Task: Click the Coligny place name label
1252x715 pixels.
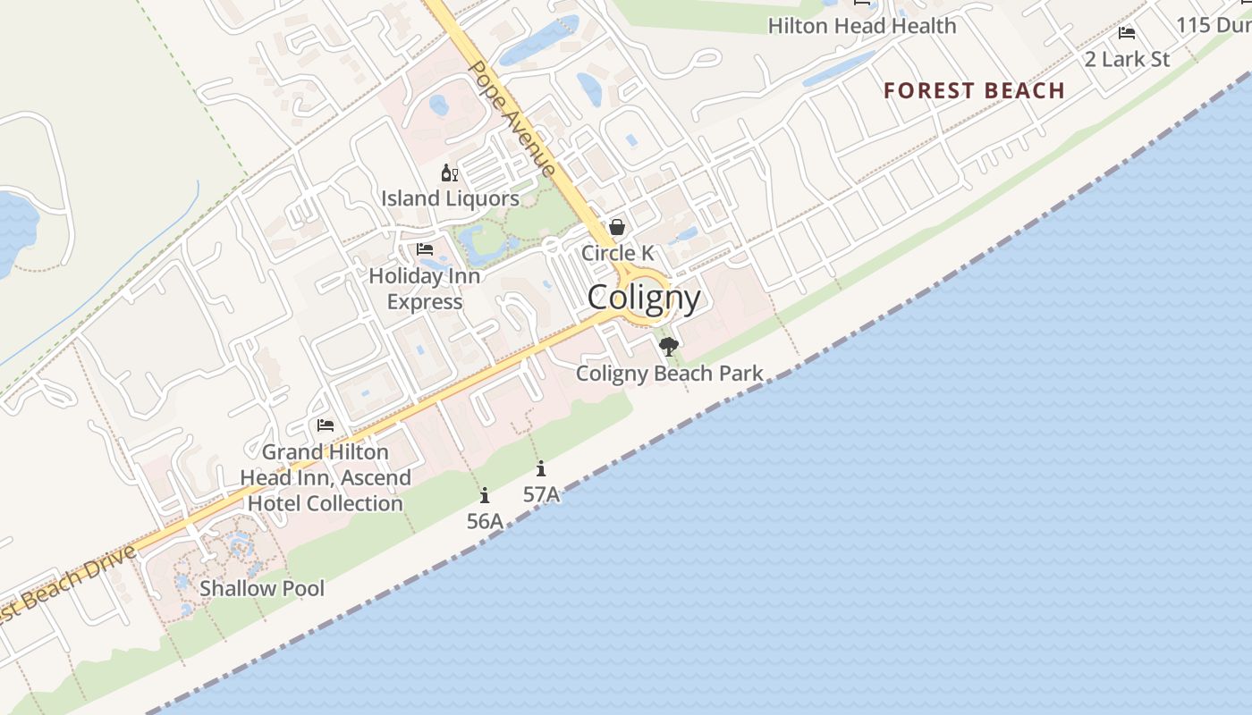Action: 644,298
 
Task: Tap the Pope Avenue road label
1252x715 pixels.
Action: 512,118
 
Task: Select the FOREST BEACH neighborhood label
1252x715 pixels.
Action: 974,90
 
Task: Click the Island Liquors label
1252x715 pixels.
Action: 450,198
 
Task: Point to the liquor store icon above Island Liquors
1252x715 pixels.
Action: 449,172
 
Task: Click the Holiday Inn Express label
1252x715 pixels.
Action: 425,289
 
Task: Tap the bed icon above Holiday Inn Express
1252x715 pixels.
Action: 425,249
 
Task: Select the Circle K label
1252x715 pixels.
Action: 617,253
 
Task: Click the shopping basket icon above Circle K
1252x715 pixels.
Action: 617,227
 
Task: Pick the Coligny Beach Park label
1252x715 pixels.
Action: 669,373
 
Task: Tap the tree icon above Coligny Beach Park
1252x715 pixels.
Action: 668,347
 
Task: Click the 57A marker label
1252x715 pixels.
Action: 541,494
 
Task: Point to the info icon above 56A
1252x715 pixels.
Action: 485,495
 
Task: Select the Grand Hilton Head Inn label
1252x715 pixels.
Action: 326,478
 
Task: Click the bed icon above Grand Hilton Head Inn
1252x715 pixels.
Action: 326,425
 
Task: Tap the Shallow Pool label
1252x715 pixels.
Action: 262,588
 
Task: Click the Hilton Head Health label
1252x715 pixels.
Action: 862,26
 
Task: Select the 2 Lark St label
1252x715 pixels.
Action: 1127,59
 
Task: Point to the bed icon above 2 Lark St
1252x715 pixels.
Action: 1127,33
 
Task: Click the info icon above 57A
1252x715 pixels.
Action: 541,468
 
